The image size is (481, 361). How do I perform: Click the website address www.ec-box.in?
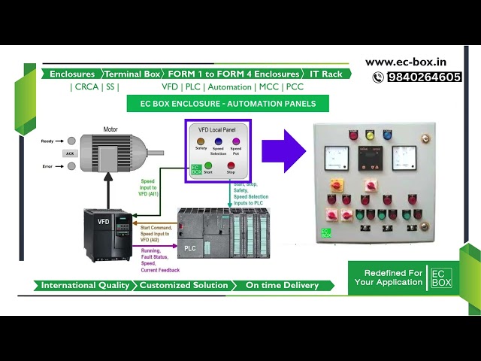tap(412, 62)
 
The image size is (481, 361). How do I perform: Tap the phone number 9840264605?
tap(423, 77)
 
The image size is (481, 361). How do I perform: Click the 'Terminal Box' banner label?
tap(132, 74)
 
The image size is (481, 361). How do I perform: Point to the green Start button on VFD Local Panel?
tap(208, 165)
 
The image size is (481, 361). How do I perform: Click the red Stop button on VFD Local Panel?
tap(231, 165)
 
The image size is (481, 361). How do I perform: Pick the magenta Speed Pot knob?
tap(236, 141)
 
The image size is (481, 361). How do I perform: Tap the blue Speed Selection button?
tap(218, 141)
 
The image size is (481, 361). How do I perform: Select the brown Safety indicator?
tap(201, 141)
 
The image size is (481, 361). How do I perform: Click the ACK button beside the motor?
tap(70, 153)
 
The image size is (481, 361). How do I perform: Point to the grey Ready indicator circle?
tap(71, 141)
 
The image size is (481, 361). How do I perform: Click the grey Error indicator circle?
tap(71, 166)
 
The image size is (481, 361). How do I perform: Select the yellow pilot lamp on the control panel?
tap(369, 135)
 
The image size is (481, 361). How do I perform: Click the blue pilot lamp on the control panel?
tap(388, 135)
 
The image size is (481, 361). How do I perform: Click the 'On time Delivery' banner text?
tap(282, 286)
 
